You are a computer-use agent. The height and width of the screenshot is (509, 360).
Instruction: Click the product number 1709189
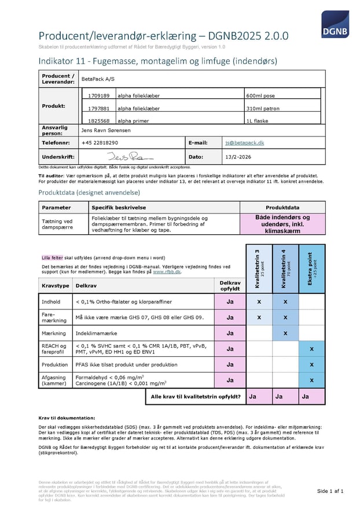click(x=97, y=95)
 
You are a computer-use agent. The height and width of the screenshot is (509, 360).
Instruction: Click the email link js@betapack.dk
click(x=244, y=142)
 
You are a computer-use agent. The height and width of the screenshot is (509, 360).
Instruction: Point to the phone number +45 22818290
click(x=100, y=142)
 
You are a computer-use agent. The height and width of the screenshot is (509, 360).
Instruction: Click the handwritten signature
click(x=130, y=156)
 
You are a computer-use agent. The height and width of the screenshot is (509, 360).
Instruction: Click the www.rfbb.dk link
click(x=167, y=271)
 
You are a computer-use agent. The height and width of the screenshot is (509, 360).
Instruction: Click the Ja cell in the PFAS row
click(x=230, y=364)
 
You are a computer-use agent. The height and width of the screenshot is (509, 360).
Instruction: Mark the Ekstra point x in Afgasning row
click(x=311, y=380)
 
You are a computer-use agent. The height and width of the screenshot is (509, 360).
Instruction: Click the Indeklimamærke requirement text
click(x=96, y=333)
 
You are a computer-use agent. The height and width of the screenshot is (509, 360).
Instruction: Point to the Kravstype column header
click(x=56, y=286)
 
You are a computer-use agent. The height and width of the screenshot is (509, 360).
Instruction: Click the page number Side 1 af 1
click(x=330, y=491)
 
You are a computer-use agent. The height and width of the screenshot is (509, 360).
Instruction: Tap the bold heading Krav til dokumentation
click(x=67, y=418)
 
